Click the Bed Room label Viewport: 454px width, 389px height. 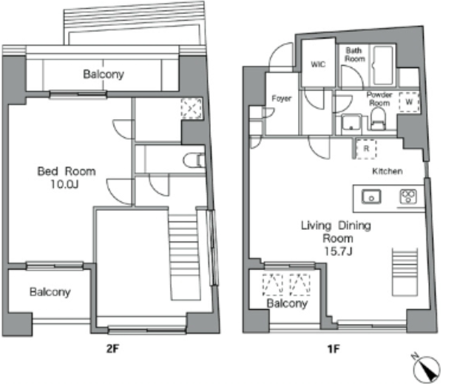(67, 171)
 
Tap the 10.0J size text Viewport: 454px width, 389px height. (64, 184)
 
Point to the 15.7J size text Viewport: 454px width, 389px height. (338, 251)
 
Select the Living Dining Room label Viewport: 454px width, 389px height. (336, 231)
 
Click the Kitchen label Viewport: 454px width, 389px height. (387, 171)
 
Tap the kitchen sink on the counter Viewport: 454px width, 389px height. (371, 197)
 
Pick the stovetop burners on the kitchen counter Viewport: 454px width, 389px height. (408, 196)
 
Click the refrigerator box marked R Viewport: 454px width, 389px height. (366, 149)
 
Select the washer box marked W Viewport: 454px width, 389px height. (409, 102)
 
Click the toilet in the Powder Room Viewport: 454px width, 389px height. (379, 119)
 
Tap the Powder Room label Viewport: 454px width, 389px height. (379, 99)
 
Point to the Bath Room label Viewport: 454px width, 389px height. (354, 55)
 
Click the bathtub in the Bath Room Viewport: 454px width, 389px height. (383, 66)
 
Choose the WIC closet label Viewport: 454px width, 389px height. (318, 64)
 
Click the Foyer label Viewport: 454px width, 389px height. (282, 99)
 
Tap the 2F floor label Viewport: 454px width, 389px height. (112, 348)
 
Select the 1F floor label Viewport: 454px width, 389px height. (333, 349)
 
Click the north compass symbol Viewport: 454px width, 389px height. (426, 368)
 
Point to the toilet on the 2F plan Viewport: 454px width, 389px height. (194, 160)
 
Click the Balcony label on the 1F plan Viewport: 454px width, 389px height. (287, 303)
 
